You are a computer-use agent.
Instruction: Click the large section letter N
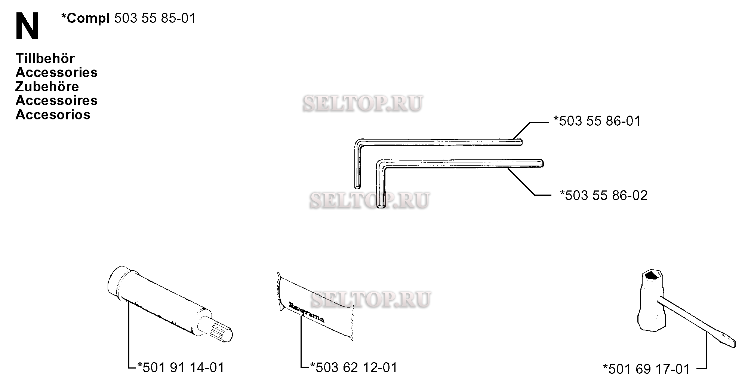click(x=27, y=26)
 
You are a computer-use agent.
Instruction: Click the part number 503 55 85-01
click(x=155, y=18)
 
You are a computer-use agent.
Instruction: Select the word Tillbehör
click(x=45, y=58)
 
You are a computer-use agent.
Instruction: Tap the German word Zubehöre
click(x=47, y=86)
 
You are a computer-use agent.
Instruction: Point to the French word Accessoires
click(x=56, y=100)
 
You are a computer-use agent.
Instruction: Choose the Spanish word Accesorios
click(x=53, y=114)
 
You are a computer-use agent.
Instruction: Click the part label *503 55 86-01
click(x=597, y=121)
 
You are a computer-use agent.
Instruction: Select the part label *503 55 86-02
click(x=603, y=195)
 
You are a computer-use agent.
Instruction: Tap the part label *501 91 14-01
click(x=181, y=367)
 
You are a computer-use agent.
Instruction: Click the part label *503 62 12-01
click(x=354, y=367)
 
